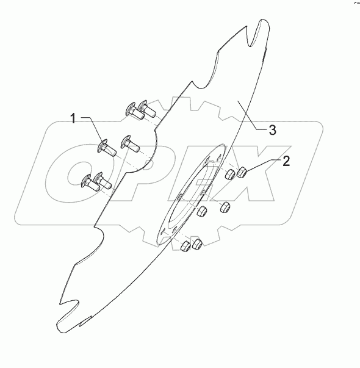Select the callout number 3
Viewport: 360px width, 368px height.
272,130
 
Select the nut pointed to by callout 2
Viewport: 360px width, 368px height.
241,172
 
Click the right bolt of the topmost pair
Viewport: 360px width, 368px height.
146,110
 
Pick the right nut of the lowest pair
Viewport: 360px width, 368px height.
196,243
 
